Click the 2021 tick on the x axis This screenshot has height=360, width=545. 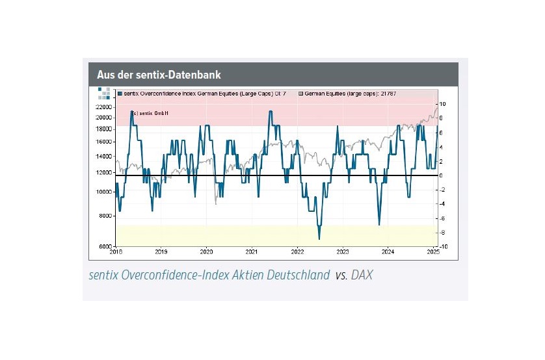point(252,251)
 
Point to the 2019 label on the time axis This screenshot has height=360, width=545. point(161,251)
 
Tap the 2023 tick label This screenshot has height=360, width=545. point(343,251)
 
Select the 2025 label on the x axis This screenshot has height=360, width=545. point(432,251)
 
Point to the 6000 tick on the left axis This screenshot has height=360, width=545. point(105,247)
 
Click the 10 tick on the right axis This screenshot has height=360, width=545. point(443,104)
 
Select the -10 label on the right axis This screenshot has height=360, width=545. point(443,247)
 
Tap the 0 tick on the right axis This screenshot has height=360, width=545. point(442,175)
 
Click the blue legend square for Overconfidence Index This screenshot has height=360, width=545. point(120,94)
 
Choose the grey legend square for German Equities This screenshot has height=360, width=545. point(301,94)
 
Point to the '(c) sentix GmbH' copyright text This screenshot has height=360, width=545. point(149,113)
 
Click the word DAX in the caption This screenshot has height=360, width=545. point(362,276)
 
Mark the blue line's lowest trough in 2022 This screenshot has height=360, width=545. point(319,238)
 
